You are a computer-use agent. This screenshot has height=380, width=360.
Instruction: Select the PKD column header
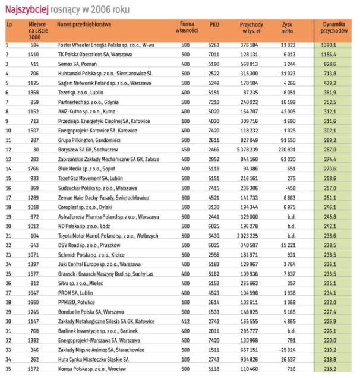coord(214,24)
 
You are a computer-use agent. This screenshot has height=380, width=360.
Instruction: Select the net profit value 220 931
coord(286,151)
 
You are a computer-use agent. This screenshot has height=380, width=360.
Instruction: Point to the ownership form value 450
coord(185,151)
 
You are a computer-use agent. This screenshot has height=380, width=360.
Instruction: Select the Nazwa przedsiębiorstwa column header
coord(86,24)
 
